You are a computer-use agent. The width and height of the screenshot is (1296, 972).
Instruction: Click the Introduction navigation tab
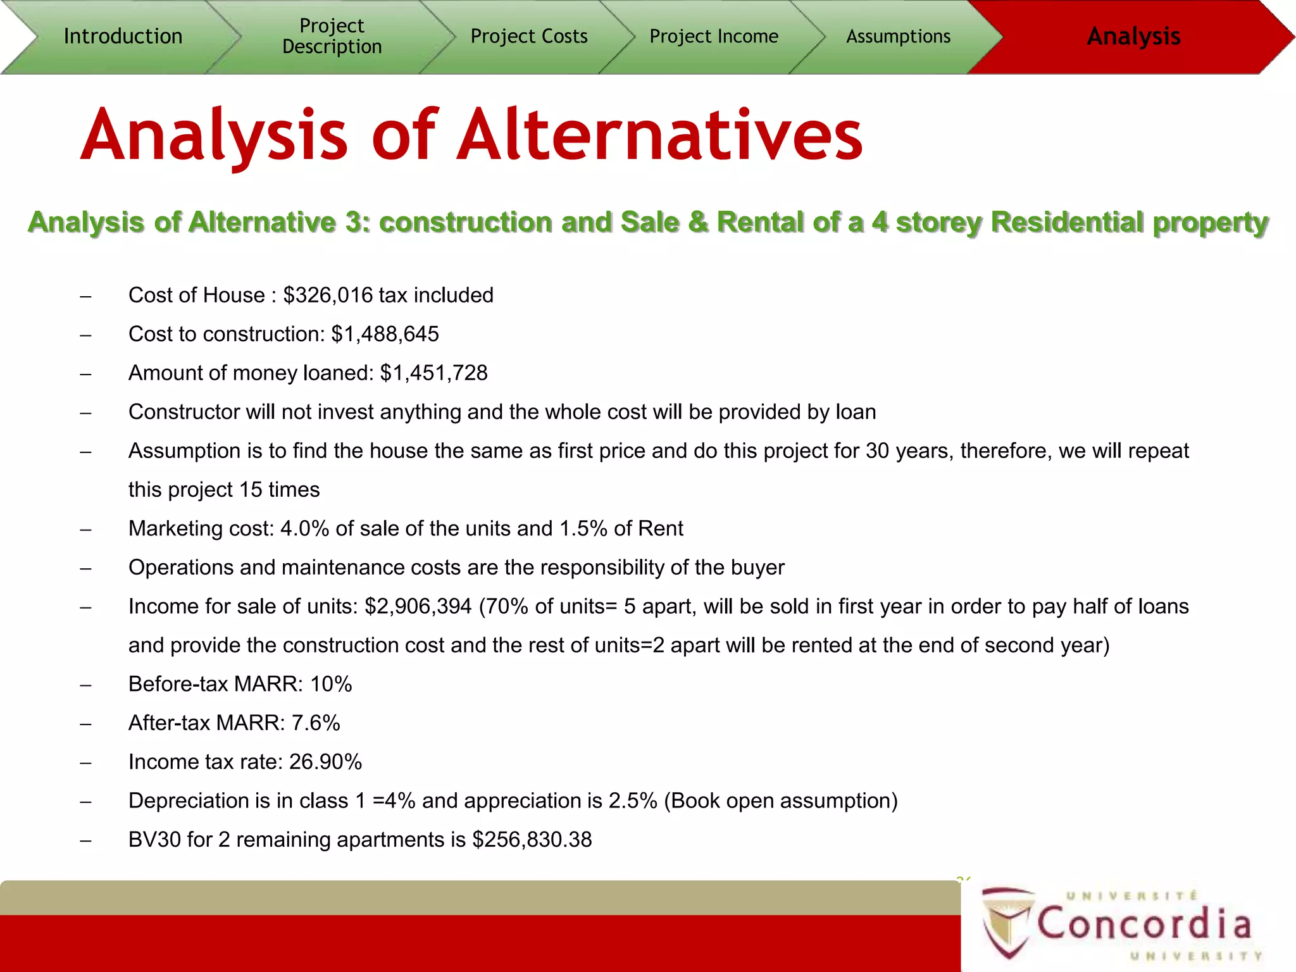click(123, 36)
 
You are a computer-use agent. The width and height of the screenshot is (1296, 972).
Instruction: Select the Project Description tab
click(332, 36)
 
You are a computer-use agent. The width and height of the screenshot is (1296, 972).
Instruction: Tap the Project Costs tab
click(529, 36)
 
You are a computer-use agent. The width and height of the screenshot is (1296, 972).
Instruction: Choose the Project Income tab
click(714, 36)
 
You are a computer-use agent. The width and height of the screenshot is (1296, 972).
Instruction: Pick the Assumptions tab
click(898, 36)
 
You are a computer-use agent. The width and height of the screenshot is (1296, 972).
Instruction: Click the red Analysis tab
click(1133, 36)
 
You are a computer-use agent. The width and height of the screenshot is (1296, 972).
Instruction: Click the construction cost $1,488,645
click(385, 334)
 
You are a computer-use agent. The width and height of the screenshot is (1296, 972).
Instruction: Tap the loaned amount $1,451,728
click(433, 373)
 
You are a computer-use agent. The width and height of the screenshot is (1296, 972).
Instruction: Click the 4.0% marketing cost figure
click(304, 529)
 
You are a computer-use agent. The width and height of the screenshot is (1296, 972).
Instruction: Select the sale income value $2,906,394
click(418, 607)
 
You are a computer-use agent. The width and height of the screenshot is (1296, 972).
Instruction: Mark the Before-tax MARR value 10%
click(331, 684)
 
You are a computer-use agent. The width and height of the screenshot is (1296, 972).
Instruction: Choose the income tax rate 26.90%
click(325, 762)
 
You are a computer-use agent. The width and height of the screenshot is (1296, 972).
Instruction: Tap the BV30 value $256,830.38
click(532, 840)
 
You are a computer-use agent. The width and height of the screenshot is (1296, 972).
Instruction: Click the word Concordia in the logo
click(1144, 924)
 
